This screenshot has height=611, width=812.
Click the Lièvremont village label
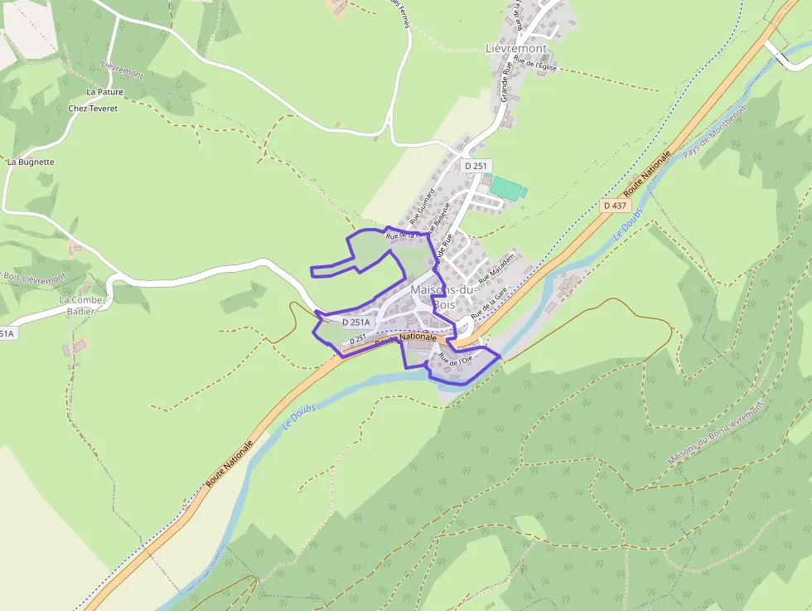tap(515, 49)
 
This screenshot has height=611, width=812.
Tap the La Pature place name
tap(104, 92)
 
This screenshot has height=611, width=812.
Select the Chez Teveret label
tap(93, 109)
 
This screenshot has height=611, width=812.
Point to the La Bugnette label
tap(31, 162)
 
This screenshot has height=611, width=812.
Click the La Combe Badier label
tap(81, 306)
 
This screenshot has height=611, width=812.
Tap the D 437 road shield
tap(616, 205)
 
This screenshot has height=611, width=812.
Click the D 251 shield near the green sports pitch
tap(476, 166)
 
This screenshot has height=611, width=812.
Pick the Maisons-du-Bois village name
tap(444, 297)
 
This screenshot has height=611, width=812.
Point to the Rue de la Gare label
tap(489, 304)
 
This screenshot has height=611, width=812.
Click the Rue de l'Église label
tap(535, 61)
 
